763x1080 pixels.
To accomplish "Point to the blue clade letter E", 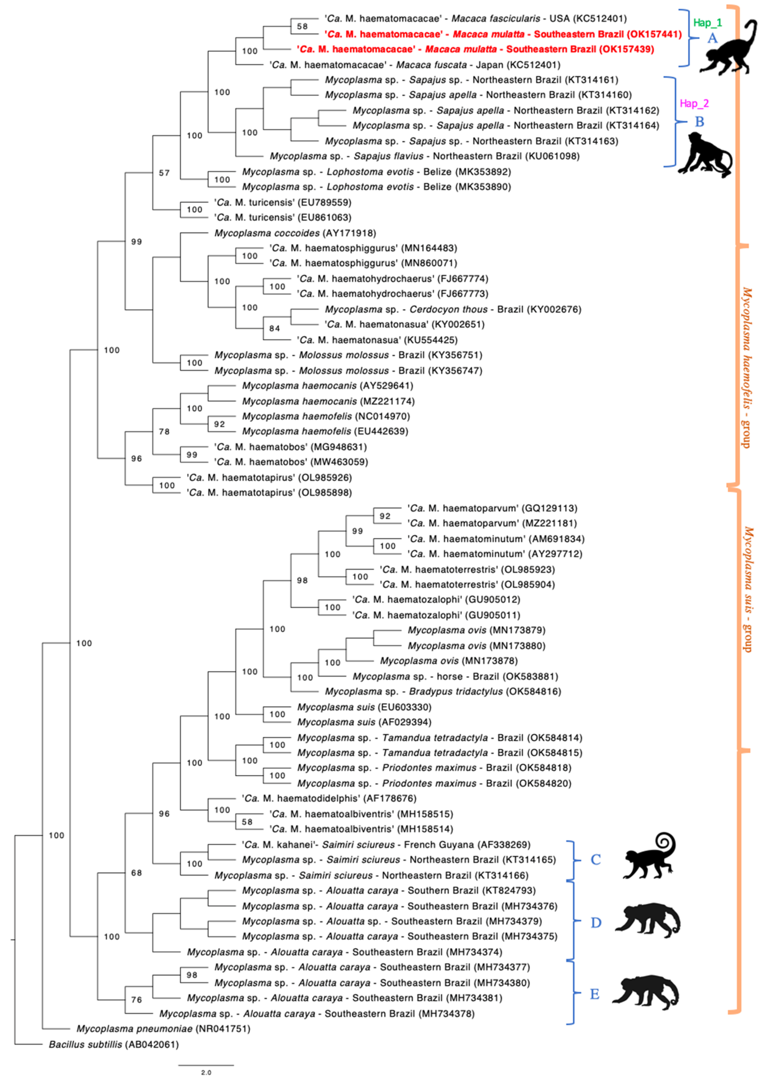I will tap(595, 994).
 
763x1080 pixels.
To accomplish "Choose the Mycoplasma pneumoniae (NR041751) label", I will tap(163, 1029).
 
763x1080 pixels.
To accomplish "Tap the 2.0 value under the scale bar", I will tap(206, 1072).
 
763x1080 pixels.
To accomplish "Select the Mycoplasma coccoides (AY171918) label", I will tap(295, 233).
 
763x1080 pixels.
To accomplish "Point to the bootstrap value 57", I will tap(164, 173).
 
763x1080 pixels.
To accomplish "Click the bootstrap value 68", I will tap(136, 873).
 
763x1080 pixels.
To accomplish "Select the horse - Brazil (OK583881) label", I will tap(455, 676).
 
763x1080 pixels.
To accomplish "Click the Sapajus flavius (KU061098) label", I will tap(424, 156).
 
